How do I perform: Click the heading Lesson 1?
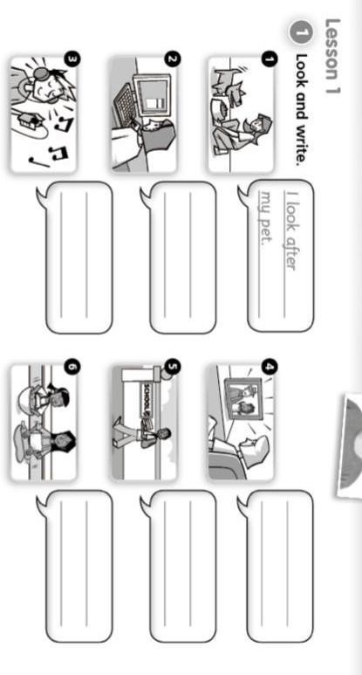332,56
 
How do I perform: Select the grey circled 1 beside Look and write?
301,33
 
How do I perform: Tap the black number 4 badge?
269,367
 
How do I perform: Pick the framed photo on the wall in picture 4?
242,399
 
